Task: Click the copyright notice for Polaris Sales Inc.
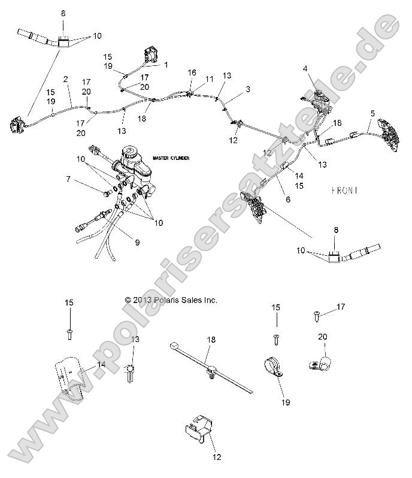171,299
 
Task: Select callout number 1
166,64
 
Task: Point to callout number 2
65,79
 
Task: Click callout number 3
247,88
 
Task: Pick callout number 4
305,69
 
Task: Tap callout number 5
372,113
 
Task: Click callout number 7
68,179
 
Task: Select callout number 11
209,79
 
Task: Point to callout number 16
192,72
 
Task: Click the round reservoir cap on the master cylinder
131,152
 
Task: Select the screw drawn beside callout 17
316,312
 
